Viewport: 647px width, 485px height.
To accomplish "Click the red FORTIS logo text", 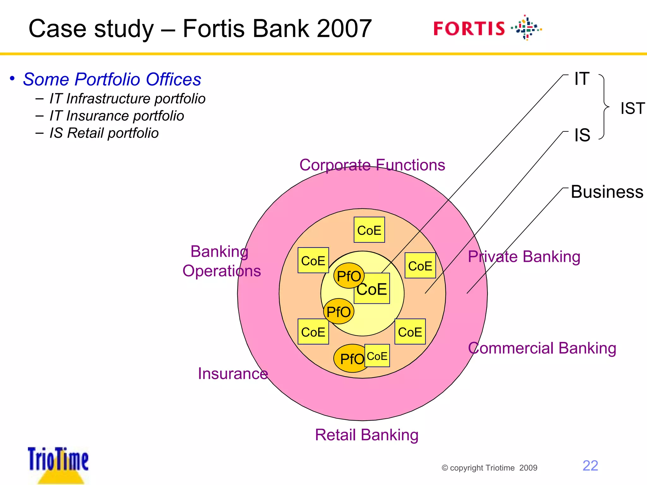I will pyautogui.click(x=469, y=29).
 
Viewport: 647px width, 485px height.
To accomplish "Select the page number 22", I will pyautogui.click(x=590, y=466).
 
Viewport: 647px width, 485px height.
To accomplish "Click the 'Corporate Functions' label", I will pyautogui.click(x=372, y=165).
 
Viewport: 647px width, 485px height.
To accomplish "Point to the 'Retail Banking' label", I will pyautogui.click(x=366, y=435).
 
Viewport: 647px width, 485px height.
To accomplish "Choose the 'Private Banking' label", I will pyautogui.click(x=524, y=257).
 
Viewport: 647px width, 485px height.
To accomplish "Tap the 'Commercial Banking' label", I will pyautogui.click(x=542, y=348).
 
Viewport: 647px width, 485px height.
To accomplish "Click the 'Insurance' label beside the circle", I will pyautogui.click(x=233, y=374).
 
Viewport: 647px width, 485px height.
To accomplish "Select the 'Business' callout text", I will pyautogui.click(x=607, y=192).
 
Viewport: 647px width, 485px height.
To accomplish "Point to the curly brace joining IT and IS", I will pyautogui.click(x=604, y=107).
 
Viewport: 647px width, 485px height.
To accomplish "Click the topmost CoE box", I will pyautogui.click(x=369, y=230).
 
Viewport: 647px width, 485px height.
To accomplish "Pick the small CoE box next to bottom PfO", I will pyautogui.click(x=377, y=356).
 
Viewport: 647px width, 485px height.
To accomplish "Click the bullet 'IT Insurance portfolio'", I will pyautogui.click(x=117, y=116).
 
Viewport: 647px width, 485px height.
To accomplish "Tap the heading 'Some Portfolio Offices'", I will pyautogui.click(x=112, y=79).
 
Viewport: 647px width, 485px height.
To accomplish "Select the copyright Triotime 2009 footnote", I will pyautogui.click(x=489, y=468).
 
